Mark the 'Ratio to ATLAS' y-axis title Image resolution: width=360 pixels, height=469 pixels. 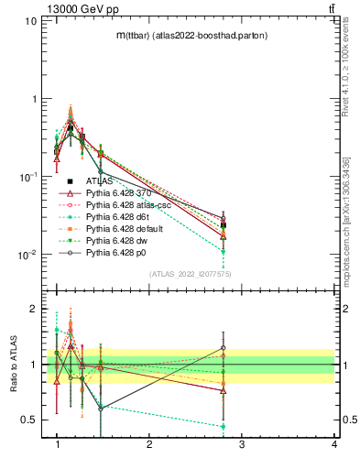click(15, 364)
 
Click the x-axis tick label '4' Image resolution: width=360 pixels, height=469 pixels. click(333, 444)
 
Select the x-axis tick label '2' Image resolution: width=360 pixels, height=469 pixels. click(149, 444)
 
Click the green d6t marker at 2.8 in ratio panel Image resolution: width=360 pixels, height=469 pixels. click(224, 426)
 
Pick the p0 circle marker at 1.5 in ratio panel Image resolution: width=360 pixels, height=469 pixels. click(101, 409)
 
